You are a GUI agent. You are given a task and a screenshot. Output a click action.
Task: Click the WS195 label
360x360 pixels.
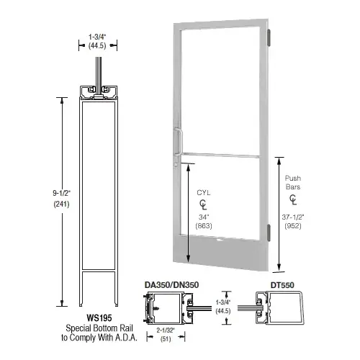[99, 318]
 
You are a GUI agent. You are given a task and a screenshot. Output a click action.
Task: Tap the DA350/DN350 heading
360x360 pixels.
[171, 285]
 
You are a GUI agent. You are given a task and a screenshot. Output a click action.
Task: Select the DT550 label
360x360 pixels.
[282, 285]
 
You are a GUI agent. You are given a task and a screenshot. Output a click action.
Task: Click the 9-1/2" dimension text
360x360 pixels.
[61, 193]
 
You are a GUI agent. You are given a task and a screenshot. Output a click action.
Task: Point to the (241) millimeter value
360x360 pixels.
[61, 204]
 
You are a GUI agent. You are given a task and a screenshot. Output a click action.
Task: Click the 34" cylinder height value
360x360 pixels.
[204, 217]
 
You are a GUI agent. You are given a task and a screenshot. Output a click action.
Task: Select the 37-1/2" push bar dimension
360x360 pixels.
[293, 217]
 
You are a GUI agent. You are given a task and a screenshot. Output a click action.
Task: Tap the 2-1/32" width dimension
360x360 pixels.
[166, 330]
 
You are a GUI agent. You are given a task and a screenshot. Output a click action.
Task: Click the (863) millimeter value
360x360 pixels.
[204, 226]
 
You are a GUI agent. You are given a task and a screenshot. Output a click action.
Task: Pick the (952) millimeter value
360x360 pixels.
[293, 226]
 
